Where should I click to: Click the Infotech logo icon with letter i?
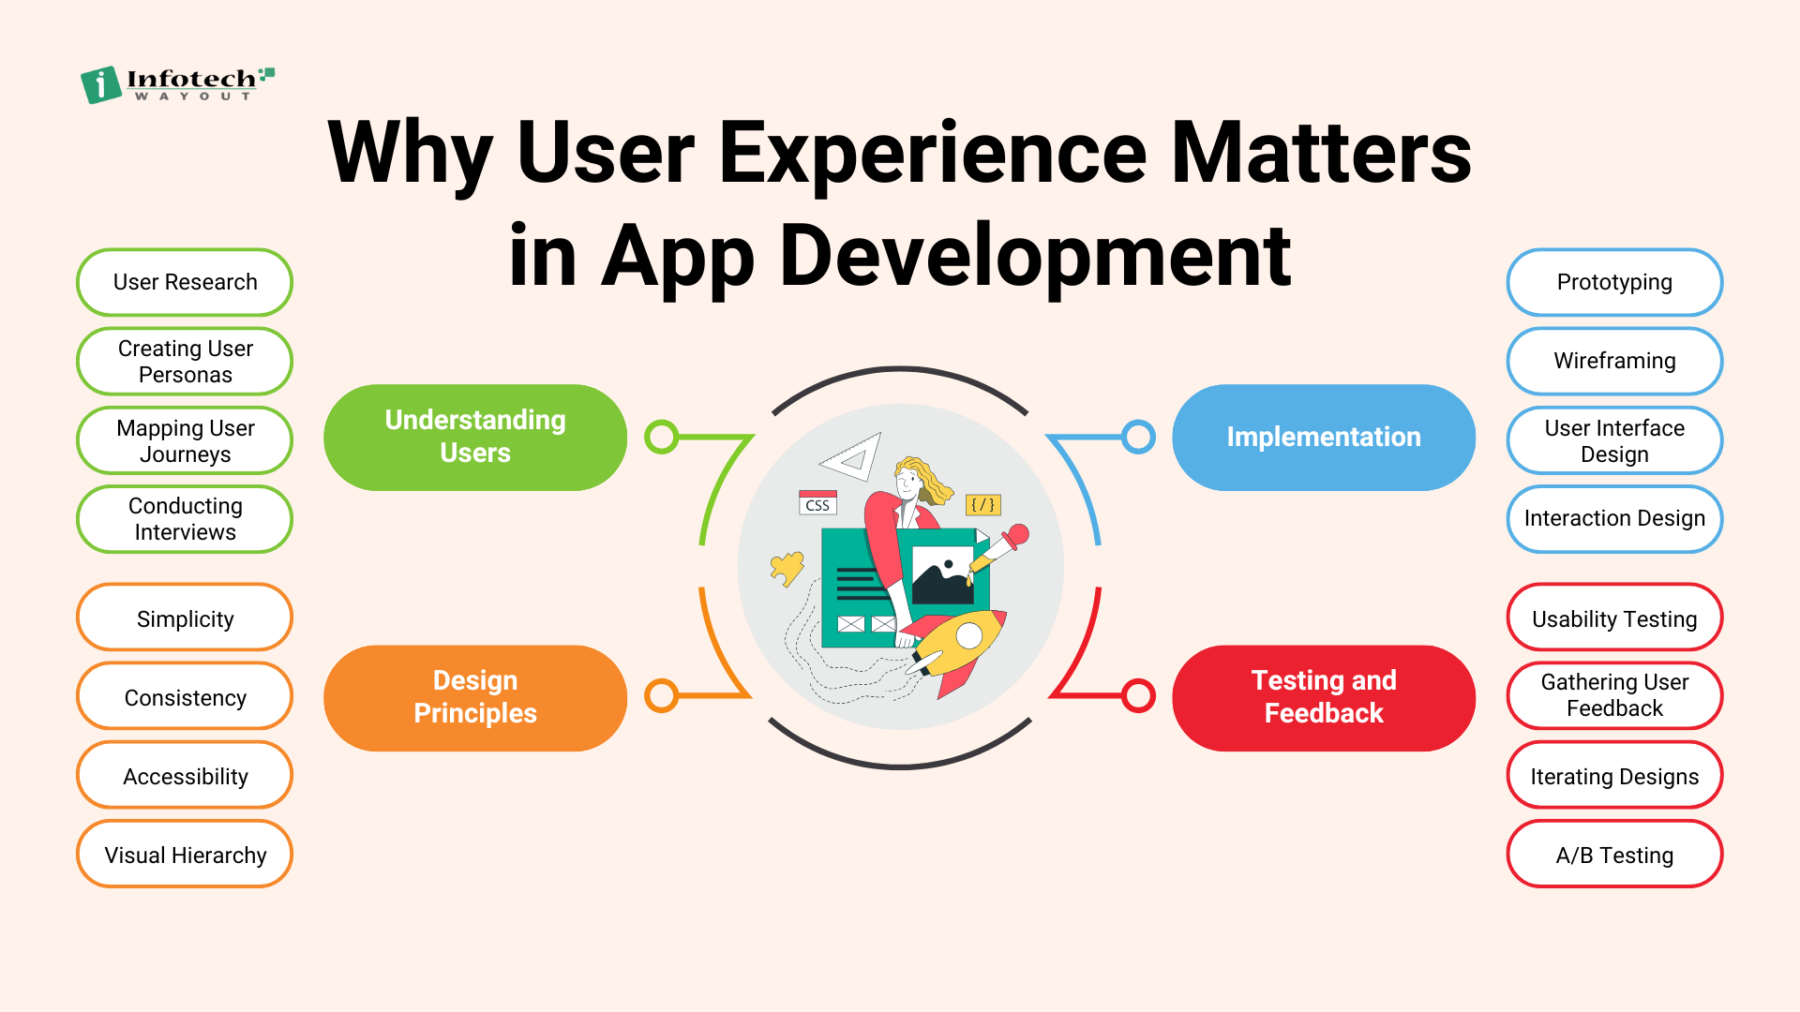click(101, 84)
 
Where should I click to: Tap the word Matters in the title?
click(1321, 153)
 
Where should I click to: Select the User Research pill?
click(185, 282)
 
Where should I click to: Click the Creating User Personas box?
click(185, 362)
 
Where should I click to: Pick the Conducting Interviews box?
click(185, 519)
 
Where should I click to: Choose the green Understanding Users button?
click(475, 437)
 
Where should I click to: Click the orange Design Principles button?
click(475, 697)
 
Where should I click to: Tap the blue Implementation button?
click(1324, 437)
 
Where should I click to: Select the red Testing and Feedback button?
click(1324, 697)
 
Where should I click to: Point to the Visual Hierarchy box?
click(185, 855)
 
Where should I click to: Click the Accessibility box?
click(185, 776)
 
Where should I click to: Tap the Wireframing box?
click(1614, 362)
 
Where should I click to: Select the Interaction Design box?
click(1614, 519)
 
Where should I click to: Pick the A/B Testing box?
click(1614, 855)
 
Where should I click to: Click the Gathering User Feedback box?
click(1614, 696)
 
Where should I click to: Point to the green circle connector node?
click(662, 437)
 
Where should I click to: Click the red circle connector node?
click(1138, 696)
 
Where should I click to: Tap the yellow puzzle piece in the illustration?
click(787, 568)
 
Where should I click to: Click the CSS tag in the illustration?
click(817, 503)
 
